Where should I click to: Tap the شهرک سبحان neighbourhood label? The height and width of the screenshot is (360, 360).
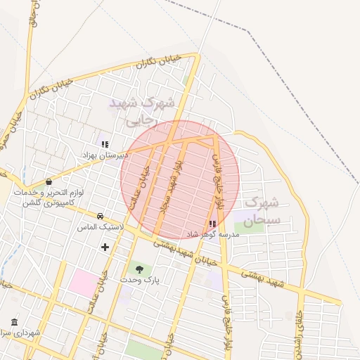click(262, 211)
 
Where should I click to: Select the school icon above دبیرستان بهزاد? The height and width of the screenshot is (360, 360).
click(105, 144)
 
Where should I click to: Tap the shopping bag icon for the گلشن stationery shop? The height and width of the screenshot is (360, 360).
click(49, 182)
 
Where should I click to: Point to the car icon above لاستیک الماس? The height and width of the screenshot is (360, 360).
click(101, 217)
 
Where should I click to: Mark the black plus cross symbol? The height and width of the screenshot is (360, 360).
click(105, 247)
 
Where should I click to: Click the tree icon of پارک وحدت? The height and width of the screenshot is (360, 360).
click(139, 269)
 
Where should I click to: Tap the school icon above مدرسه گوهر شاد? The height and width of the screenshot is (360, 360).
click(212, 224)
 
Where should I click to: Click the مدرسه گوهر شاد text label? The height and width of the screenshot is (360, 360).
click(213, 233)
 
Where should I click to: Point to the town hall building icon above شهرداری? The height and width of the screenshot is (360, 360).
click(14, 321)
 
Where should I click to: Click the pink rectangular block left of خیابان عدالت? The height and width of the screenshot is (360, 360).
click(83, 282)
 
